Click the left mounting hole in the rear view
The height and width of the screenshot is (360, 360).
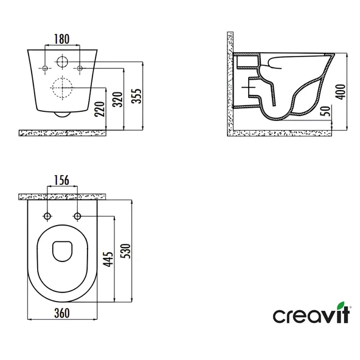pos(46,69)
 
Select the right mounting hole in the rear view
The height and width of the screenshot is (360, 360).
pos(78,69)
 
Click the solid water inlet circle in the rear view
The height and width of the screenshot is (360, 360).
pos(63,62)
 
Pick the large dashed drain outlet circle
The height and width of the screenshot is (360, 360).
pos(63,89)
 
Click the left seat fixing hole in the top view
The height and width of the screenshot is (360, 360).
pos(47,216)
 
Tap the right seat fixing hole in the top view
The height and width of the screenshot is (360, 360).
pos(77,216)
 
